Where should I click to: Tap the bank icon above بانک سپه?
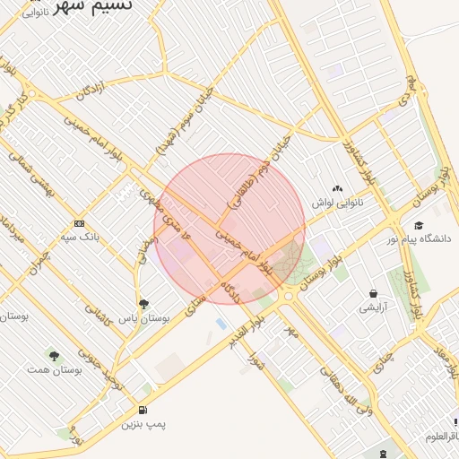(x=80, y=222)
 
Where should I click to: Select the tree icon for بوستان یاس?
(x=144, y=304)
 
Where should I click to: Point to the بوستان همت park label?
(x=55, y=369)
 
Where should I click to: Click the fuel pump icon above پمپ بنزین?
(x=144, y=411)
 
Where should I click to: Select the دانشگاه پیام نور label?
(x=419, y=238)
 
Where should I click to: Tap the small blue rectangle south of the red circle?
(x=221, y=324)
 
